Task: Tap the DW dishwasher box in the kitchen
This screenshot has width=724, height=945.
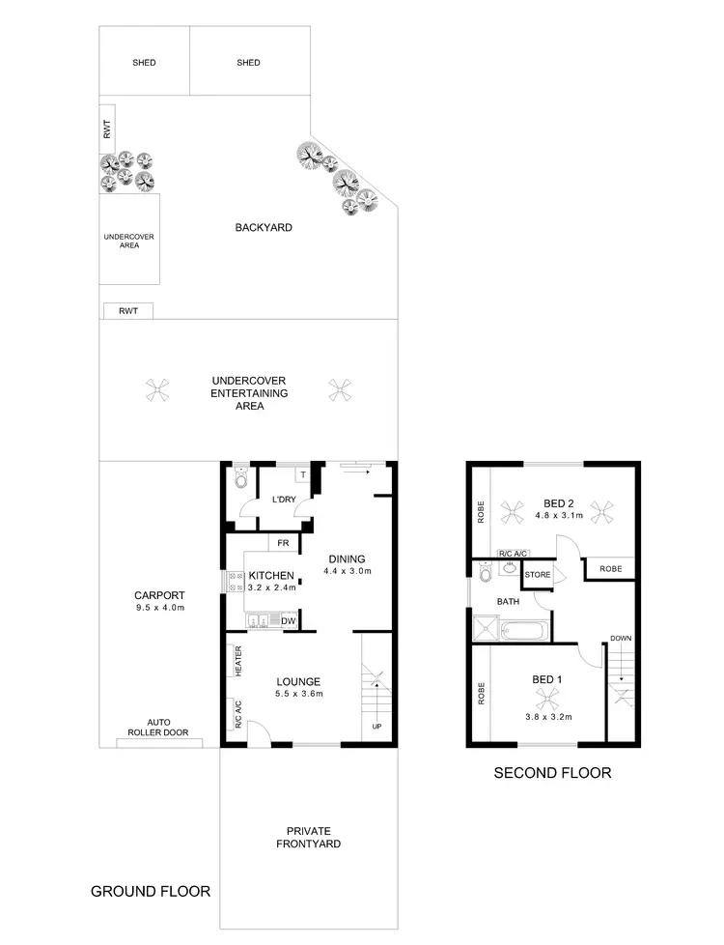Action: tap(287, 620)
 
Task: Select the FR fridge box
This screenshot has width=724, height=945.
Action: tap(283, 543)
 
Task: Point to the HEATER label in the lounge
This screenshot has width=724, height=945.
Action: tap(237, 662)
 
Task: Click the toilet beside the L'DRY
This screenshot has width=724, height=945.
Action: tap(241, 479)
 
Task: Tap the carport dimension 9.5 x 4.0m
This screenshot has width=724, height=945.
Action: tap(160, 609)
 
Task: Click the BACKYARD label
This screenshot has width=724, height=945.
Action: tap(263, 228)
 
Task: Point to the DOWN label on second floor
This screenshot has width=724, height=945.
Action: tap(620, 639)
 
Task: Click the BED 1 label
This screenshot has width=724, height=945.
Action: tap(546, 679)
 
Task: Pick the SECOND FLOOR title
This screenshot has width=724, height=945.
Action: tap(552, 773)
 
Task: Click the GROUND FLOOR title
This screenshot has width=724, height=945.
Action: tap(150, 891)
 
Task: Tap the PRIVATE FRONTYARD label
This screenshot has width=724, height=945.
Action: tap(308, 837)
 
